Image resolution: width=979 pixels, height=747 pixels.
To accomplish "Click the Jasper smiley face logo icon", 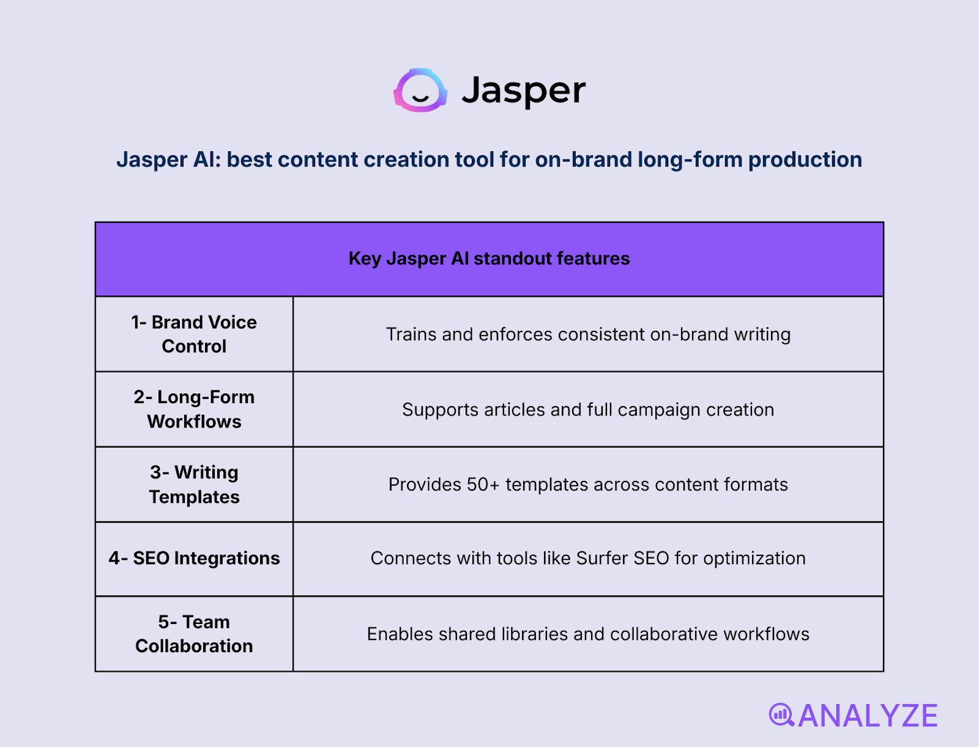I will (x=420, y=91).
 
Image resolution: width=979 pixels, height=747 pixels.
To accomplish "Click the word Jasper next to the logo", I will (x=523, y=91).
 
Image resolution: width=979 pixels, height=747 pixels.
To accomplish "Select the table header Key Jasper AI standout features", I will (x=489, y=259).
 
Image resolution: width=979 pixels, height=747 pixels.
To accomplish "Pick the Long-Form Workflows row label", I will (x=194, y=409).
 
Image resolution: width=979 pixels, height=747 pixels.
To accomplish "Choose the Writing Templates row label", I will (x=194, y=485).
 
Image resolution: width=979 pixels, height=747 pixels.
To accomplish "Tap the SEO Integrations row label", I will (x=194, y=559).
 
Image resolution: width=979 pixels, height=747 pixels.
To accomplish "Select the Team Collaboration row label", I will (x=194, y=634).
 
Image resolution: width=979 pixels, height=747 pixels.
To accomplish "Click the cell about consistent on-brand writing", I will (x=588, y=335).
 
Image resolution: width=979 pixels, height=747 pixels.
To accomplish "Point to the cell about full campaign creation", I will (x=588, y=410).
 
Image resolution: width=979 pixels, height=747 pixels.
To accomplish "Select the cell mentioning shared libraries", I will (x=588, y=634).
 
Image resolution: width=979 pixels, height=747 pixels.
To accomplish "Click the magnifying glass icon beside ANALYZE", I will (x=781, y=715).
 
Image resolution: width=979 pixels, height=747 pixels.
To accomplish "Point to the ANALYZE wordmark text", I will (x=868, y=716).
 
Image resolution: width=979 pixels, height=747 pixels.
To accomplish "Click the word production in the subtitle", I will (x=805, y=160).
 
